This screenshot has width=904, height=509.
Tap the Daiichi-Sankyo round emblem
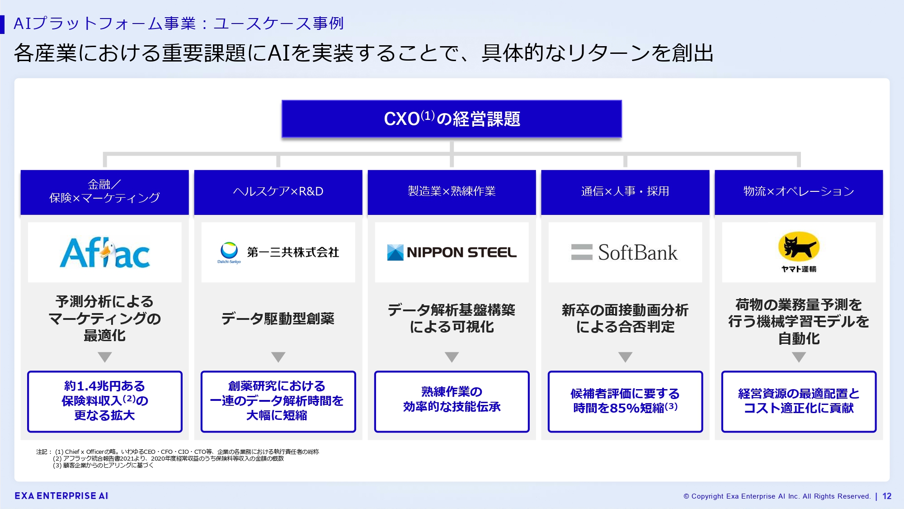pos(229,250)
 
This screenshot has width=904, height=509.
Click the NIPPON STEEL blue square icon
pos(395,252)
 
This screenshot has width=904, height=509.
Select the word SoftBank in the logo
pos(638,252)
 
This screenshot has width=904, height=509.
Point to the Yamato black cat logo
pos(799,247)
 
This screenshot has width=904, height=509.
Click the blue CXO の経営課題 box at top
pos(452,119)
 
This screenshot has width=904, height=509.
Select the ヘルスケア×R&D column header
pos(278,192)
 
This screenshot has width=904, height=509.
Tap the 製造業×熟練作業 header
pos(452,192)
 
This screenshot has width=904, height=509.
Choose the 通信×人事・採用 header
pos(625,192)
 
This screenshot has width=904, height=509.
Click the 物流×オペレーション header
pos(799,192)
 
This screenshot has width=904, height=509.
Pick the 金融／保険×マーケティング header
pos(104,192)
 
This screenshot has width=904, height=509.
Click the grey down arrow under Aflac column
pos(104,357)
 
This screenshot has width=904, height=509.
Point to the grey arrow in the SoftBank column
pos(625,357)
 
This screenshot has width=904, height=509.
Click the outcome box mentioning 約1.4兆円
pos(104,401)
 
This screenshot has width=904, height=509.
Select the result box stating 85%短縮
pos(625,401)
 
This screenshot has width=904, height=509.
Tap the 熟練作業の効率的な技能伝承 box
pos(452,401)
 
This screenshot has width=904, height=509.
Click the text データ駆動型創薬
pos(278,319)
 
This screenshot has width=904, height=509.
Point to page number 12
pos(887,496)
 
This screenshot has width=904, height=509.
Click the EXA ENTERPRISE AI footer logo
pos(61,496)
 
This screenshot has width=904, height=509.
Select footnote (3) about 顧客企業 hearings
pos(103,465)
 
